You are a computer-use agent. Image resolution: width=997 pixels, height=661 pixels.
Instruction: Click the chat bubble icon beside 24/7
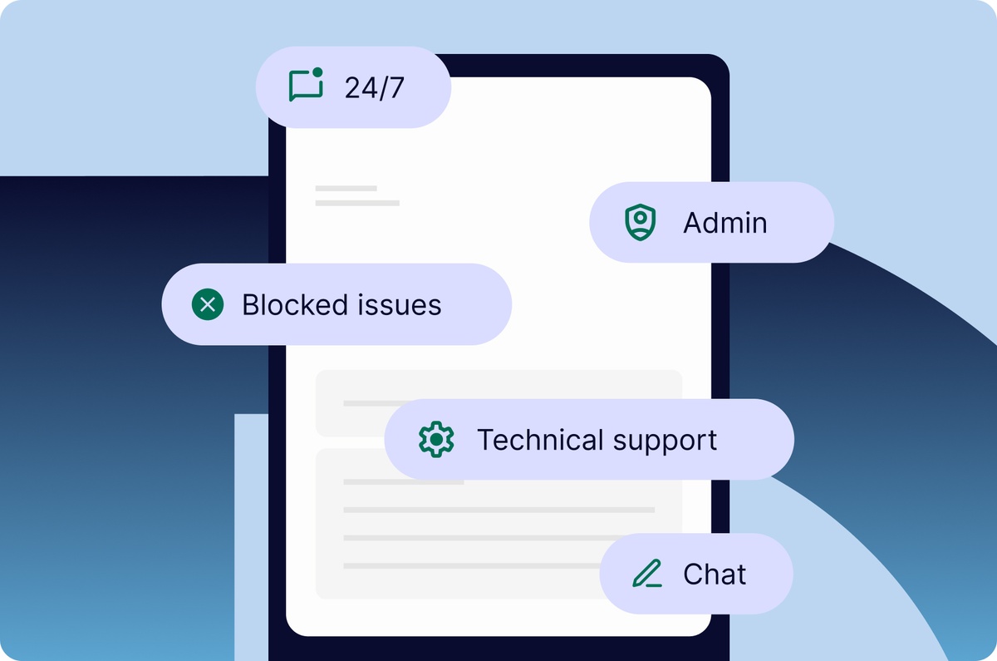pyautogui.click(x=305, y=86)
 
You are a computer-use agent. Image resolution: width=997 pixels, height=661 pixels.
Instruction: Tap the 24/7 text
pyautogui.click(x=374, y=87)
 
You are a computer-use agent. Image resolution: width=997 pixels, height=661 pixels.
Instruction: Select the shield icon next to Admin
pyautogui.click(x=640, y=223)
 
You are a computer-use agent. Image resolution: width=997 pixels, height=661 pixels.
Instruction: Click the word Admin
pyautogui.click(x=724, y=223)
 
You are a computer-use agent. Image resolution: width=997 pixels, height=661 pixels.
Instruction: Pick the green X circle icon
pyautogui.click(x=208, y=304)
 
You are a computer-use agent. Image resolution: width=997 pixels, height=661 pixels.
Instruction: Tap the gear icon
pyautogui.click(x=436, y=439)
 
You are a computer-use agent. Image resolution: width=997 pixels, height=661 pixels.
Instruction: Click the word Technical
pyautogui.click(x=540, y=439)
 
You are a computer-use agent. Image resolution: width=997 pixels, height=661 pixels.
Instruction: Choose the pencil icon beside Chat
pyautogui.click(x=646, y=574)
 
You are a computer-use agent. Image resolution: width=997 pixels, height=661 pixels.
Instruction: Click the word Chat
pyautogui.click(x=715, y=574)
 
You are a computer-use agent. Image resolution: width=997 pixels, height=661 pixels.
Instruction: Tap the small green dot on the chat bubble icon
pyautogui.click(x=317, y=73)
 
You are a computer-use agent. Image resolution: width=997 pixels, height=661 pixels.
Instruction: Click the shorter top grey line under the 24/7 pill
pyautogui.click(x=346, y=189)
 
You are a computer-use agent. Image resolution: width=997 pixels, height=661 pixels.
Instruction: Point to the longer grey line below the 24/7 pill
pyautogui.click(x=357, y=203)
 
